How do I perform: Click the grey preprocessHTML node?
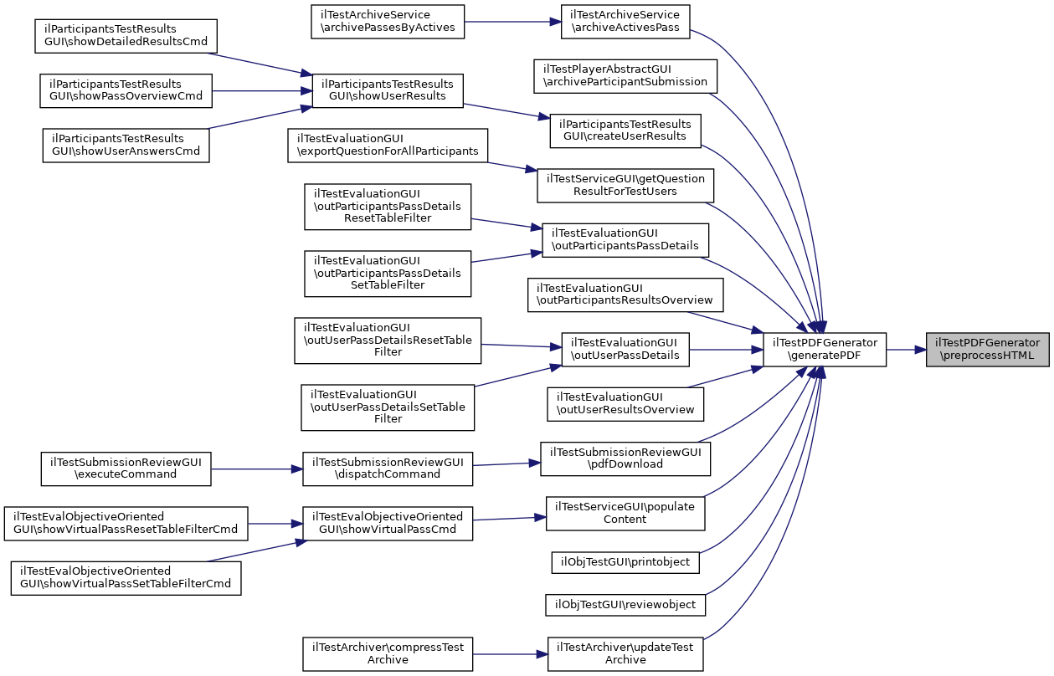(987, 349)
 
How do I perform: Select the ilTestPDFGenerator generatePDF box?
(824, 349)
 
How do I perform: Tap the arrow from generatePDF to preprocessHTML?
(906, 349)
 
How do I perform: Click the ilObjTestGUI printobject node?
(625, 562)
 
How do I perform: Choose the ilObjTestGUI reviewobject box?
(625, 604)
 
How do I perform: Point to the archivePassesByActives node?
(383, 22)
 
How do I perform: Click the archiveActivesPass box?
(625, 22)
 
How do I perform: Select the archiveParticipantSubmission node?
(625, 75)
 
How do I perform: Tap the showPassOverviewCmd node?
(126, 90)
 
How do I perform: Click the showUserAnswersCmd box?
(126, 145)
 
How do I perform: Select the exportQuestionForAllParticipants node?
(387, 145)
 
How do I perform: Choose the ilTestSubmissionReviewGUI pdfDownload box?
(625, 458)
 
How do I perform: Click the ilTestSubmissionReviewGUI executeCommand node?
(126, 469)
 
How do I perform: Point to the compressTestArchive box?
(388, 653)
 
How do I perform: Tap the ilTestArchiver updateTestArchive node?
(625, 653)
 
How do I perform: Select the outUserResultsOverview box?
(625, 403)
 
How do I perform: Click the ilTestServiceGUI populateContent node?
(625, 513)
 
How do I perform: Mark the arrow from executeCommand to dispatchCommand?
(256, 469)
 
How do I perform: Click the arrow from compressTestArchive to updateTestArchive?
(510, 653)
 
